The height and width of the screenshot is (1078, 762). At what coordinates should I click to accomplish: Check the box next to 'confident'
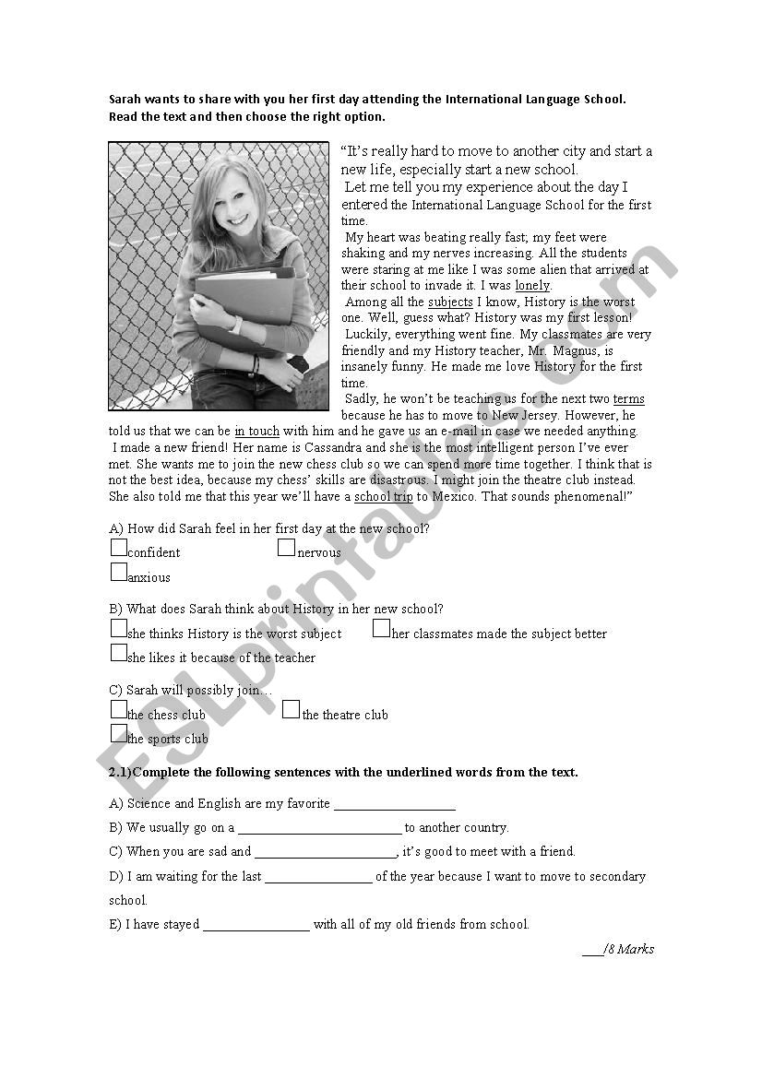coord(118,548)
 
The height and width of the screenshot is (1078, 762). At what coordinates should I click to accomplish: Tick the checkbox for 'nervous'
coord(287,548)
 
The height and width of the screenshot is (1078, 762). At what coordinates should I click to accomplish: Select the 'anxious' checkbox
coord(118,573)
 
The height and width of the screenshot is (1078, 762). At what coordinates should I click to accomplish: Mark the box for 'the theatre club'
coord(291,710)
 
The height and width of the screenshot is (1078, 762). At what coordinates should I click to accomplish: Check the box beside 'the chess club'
coord(118,710)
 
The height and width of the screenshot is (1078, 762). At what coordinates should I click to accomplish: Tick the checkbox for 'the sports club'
coord(118,734)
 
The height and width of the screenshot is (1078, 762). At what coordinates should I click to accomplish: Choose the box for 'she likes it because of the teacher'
coord(118,653)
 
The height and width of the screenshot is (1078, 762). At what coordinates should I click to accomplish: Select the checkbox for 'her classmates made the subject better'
coord(381,629)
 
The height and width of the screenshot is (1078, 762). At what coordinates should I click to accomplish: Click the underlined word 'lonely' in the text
coord(532,286)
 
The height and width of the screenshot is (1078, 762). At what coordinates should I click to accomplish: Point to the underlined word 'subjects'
coord(450,302)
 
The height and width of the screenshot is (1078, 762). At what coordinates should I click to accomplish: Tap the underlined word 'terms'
coord(628,399)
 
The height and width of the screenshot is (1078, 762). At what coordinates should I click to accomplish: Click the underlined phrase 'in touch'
coord(256,432)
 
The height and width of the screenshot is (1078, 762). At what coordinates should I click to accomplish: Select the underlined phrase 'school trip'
coord(384,496)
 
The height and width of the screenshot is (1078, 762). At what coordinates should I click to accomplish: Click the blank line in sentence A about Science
coord(394,805)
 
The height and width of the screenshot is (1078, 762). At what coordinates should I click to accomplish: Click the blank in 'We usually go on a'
coord(319,829)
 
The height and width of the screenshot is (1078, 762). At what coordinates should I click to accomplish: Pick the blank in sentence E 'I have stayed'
coord(256,926)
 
